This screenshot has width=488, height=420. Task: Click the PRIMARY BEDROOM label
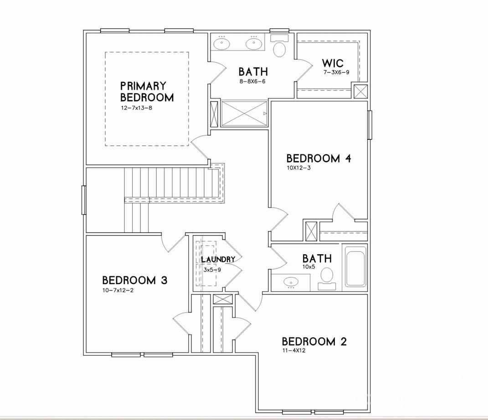[147, 92]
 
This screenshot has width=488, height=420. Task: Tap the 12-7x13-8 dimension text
[137, 108]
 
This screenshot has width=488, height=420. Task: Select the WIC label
[333, 63]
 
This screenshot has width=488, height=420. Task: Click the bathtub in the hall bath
[355, 267]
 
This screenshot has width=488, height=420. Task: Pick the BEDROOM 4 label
[318, 159]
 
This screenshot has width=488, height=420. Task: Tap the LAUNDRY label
[218, 259]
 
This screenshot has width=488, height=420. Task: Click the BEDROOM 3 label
[135, 280]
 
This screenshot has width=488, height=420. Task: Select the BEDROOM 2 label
[314, 341]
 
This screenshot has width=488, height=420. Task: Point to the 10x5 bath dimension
[309, 266]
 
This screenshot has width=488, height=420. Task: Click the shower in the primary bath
[244, 113]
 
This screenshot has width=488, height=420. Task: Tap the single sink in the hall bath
[291, 282]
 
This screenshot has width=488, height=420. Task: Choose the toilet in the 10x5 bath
[327, 278]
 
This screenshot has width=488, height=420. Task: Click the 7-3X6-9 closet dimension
[336, 72]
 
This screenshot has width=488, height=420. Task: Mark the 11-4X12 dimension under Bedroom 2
[294, 350]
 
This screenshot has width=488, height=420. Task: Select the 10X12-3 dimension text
[299, 168]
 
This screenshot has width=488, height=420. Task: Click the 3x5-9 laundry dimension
[212, 270]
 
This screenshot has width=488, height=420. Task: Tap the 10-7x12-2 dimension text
[118, 291]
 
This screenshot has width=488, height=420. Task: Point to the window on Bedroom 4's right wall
[370, 125]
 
